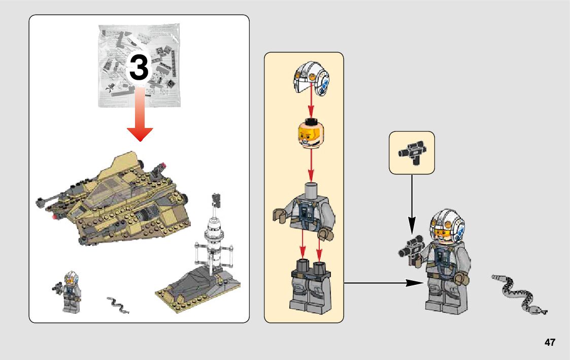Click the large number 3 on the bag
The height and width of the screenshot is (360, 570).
139,68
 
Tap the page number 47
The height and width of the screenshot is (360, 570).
550,342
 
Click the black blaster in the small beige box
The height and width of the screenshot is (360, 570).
412,151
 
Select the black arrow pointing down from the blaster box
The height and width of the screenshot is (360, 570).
412,203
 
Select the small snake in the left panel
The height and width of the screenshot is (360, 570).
118,304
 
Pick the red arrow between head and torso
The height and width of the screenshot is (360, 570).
310,163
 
